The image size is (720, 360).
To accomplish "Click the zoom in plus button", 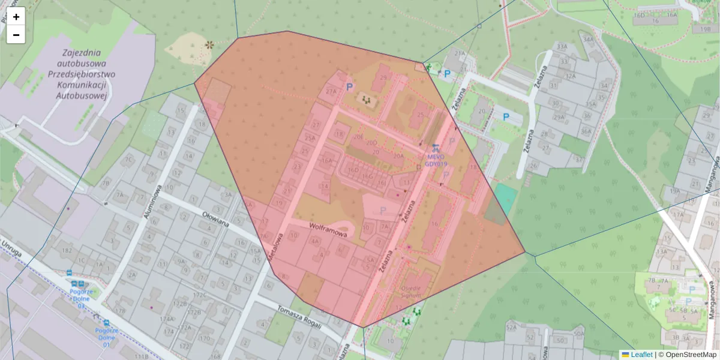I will (x=16, y=17).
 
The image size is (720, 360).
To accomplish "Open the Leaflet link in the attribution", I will (x=641, y=355).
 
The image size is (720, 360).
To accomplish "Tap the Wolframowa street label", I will (x=328, y=230).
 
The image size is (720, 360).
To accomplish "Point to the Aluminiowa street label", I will (x=152, y=202).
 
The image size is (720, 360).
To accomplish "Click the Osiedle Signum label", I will (x=411, y=291).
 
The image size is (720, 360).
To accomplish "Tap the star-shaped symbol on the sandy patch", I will (x=209, y=44).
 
